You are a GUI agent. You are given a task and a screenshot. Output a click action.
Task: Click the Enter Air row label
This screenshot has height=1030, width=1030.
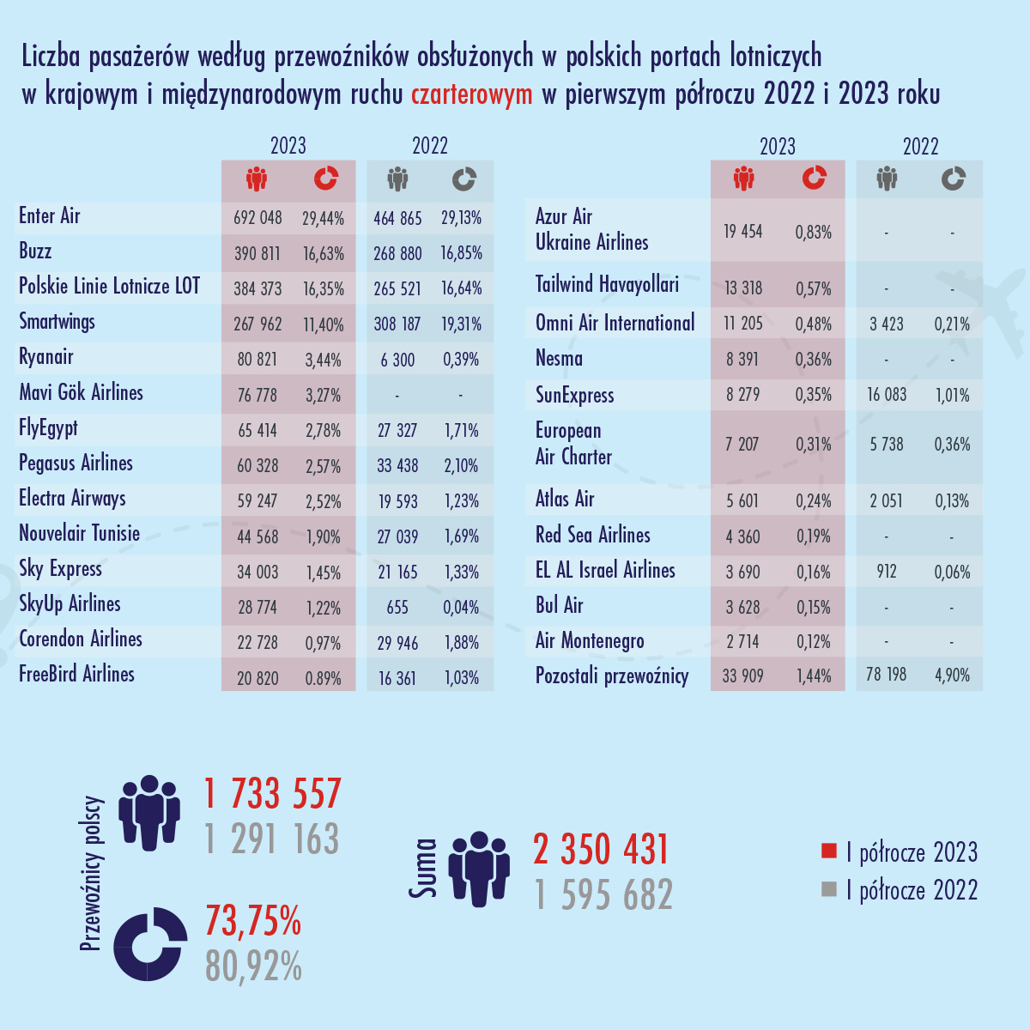(50, 216)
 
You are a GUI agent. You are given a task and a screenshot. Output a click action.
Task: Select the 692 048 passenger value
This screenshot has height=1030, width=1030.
(257, 218)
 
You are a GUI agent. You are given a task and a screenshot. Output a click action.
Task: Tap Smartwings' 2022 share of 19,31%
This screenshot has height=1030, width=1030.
(462, 324)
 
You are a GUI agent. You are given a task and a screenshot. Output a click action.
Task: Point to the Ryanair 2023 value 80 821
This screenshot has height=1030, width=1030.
(257, 360)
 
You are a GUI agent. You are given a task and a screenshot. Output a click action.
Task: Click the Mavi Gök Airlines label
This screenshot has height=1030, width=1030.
(81, 393)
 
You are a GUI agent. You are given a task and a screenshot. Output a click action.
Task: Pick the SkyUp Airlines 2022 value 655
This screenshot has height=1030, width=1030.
(397, 608)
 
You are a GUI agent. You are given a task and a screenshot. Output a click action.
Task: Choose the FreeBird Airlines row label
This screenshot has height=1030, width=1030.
(76, 675)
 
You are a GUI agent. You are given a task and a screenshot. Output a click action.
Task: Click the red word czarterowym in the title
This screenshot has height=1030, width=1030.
(471, 94)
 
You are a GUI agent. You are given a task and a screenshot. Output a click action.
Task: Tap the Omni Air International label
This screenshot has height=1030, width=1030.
(615, 324)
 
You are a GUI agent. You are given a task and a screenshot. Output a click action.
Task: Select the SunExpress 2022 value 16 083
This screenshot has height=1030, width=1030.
(887, 395)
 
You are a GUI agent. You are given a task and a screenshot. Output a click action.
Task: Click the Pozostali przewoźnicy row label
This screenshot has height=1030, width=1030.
(612, 676)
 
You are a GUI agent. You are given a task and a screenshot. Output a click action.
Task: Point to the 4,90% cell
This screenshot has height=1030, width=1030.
(952, 676)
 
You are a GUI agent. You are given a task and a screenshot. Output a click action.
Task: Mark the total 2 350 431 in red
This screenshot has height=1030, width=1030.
(601, 850)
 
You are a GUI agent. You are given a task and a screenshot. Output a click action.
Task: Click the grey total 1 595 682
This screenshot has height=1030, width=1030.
(603, 895)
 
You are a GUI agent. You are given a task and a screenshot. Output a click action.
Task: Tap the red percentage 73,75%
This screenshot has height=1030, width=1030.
(253, 921)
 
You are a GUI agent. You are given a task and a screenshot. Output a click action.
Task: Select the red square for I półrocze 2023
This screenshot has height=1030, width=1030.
(828, 851)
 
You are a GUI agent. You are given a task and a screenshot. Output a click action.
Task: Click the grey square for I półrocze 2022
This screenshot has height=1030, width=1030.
(828, 889)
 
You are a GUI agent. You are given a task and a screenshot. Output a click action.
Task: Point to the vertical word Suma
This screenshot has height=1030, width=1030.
(422, 869)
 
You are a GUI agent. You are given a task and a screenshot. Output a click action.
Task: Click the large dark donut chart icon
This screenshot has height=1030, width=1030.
(150, 943)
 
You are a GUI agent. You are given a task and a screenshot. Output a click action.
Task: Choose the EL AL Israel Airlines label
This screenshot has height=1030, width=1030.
(605, 571)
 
